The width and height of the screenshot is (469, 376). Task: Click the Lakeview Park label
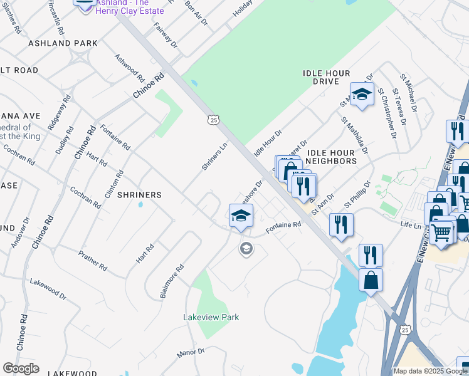click(211, 317)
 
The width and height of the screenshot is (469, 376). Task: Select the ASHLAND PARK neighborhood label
click(63, 43)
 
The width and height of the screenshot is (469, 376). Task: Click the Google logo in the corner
click(21, 368)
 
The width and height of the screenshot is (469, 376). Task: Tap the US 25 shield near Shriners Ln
click(214, 119)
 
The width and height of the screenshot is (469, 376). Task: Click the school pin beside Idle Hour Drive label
click(362, 95)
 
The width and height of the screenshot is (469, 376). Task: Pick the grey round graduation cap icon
click(246, 249)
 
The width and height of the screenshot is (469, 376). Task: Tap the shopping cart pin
click(441, 233)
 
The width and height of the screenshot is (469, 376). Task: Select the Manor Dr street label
click(191, 353)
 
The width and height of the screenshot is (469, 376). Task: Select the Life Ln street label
click(411, 223)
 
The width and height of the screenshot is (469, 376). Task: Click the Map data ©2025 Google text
click(429, 371)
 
